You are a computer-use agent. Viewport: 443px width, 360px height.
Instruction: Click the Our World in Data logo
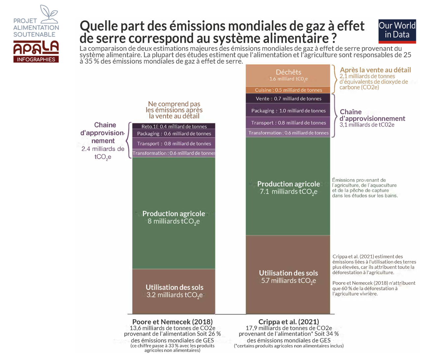coord(397,31)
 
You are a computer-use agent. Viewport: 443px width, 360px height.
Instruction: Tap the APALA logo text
coord(36,48)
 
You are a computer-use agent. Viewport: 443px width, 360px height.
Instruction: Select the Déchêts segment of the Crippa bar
coord(288,75)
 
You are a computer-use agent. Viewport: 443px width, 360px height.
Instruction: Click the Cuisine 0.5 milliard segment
coord(288,90)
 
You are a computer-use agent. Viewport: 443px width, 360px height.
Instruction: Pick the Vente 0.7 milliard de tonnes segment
coord(288,99)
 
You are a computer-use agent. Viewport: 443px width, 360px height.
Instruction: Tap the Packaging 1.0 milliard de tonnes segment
coord(288,111)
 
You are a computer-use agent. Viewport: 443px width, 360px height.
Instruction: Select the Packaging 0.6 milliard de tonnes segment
coord(174,134)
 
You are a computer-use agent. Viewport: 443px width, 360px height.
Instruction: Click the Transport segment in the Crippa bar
coord(288,123)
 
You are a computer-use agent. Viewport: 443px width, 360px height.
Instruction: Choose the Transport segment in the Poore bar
coord(174,143)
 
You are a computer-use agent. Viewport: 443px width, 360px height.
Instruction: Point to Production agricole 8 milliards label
coord(174,217)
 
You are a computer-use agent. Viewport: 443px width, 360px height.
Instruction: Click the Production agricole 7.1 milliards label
coord(289,188)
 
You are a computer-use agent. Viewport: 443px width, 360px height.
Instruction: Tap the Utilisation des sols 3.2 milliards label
coord(174,291)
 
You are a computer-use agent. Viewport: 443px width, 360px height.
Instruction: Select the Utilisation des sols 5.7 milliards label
coord(289,277)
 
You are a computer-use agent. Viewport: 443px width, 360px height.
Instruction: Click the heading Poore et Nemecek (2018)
coord(172,322)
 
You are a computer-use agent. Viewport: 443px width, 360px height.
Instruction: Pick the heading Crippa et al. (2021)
coord(289,322)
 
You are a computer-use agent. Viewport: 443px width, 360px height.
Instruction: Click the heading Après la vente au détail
coord(375,70)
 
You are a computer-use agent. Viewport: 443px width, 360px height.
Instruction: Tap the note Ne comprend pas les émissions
coord(174,110)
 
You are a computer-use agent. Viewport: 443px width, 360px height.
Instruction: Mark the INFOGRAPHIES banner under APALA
coord(36,59)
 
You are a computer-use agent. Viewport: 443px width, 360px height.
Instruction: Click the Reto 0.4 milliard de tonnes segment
coord(174,126)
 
